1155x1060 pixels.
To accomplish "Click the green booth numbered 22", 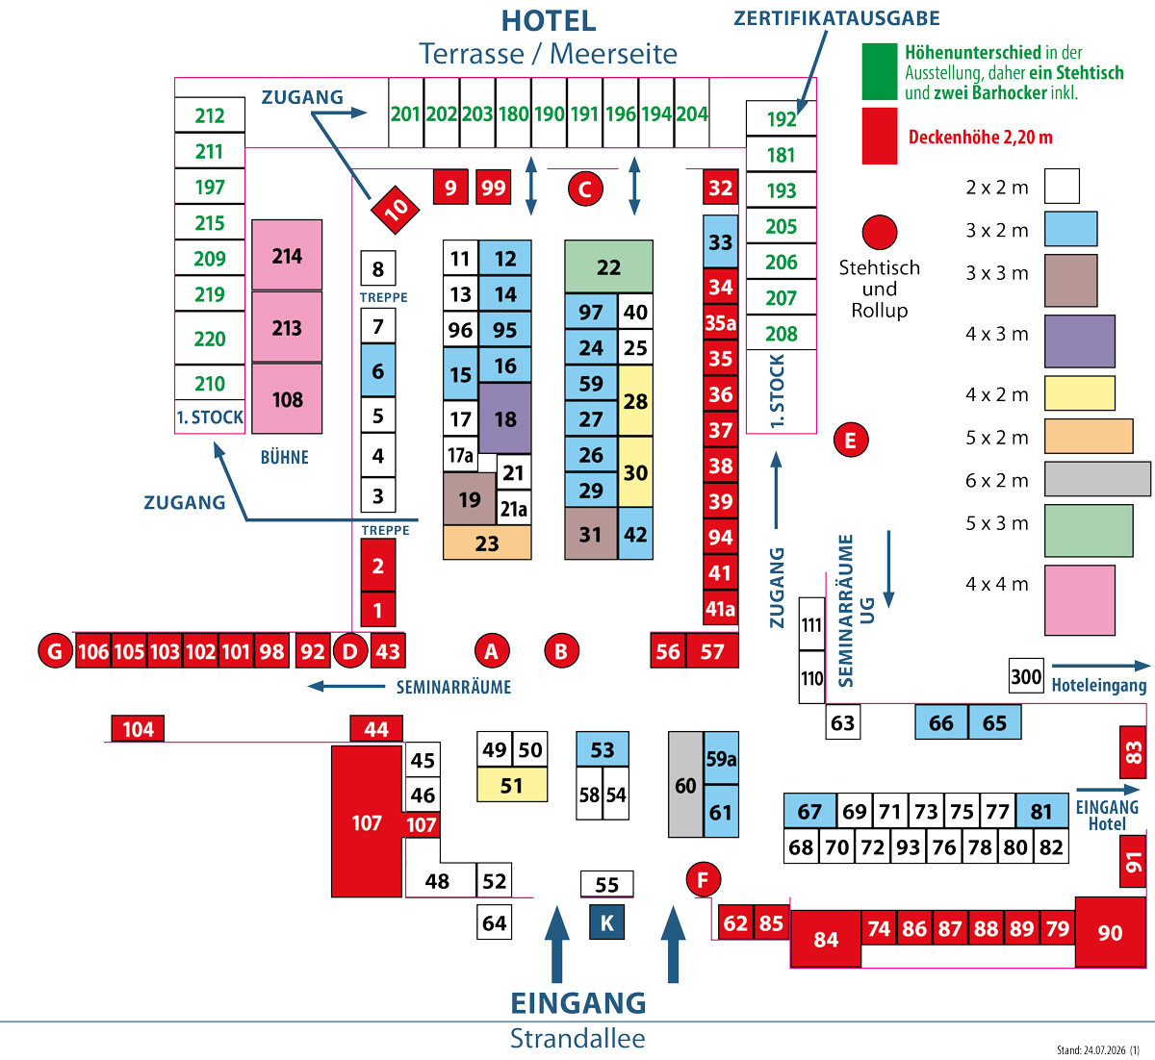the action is tap(608, 266).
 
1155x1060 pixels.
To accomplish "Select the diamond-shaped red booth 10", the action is tap(395, 210).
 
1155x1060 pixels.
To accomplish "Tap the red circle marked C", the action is tap(585, 189).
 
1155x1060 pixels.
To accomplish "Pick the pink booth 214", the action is tap(287, 255).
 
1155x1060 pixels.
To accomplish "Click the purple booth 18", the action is tap(505, 418).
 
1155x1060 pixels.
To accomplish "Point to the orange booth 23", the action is tap(487, 543).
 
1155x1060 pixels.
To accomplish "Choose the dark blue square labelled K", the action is tap(607, 922).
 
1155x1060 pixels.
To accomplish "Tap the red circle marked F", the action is tap(703, 880).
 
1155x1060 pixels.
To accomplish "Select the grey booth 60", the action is tap(685, 785).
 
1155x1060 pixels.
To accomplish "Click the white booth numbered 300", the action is tap(1026, 676).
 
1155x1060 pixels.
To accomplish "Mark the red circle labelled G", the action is tap(55, 651).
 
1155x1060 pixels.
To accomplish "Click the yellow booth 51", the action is tap(512, 785).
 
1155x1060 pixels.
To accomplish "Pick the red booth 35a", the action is tap(720, 322).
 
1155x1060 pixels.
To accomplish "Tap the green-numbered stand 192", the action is tap(782, 118).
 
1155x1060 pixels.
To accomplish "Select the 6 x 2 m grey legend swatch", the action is tap(1097, 479).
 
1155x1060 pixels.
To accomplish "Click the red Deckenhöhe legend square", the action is tap(879, 136).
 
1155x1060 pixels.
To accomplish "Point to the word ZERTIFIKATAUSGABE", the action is tap(836, 18).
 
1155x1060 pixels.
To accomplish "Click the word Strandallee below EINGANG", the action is tap(577, 1038).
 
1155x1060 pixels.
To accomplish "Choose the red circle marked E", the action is tap(851, 441).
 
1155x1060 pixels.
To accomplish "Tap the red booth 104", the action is tap(139, 729).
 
